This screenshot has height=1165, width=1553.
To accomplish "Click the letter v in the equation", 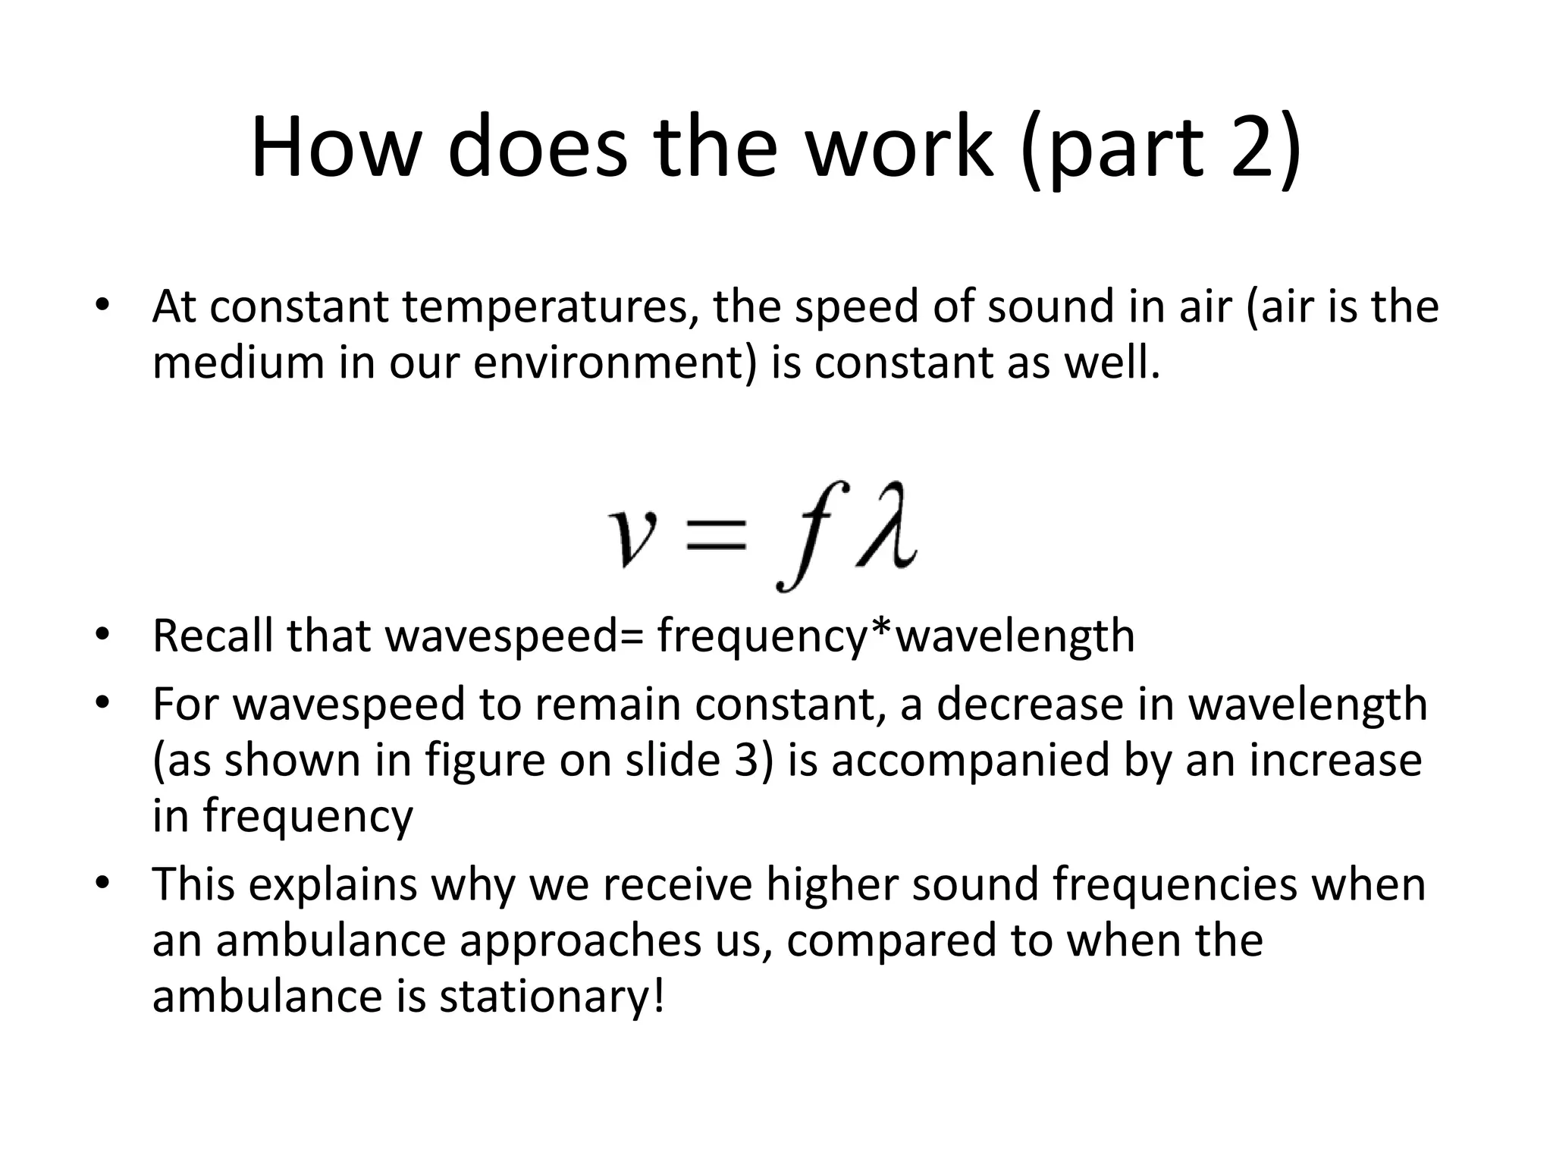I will (x=634, y=535).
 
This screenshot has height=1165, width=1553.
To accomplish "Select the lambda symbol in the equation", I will (x=886, y=525).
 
